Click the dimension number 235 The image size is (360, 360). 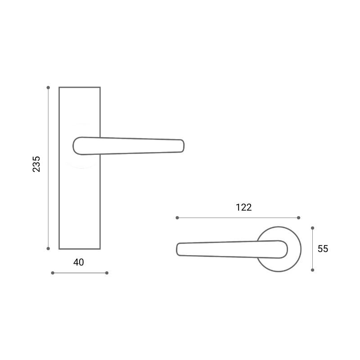36,164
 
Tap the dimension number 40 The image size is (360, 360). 78,262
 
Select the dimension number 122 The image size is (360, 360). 243,207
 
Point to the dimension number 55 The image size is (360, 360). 323,249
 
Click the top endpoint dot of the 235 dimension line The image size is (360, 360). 48,87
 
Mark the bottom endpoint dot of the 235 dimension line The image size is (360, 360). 48,248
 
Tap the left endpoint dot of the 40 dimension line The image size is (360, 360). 53,273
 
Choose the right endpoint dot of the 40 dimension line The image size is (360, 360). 107,273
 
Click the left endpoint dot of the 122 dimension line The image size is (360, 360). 177,218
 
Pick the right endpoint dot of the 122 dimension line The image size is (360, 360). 298,218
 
